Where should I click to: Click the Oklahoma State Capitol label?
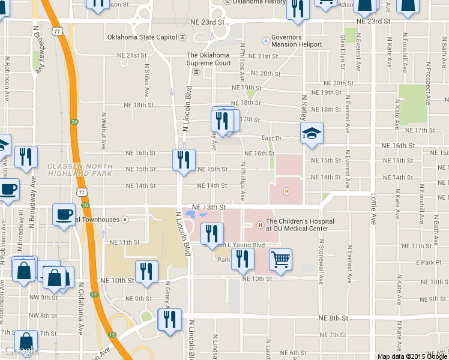(142, 37)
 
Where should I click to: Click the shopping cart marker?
(280, 260)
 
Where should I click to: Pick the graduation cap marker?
(312, 134)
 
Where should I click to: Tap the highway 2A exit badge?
(74, 122)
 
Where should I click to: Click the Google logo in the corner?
(21, 351)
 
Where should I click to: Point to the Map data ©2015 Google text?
(412, 356)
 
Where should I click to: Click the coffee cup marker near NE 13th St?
(64, 214)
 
